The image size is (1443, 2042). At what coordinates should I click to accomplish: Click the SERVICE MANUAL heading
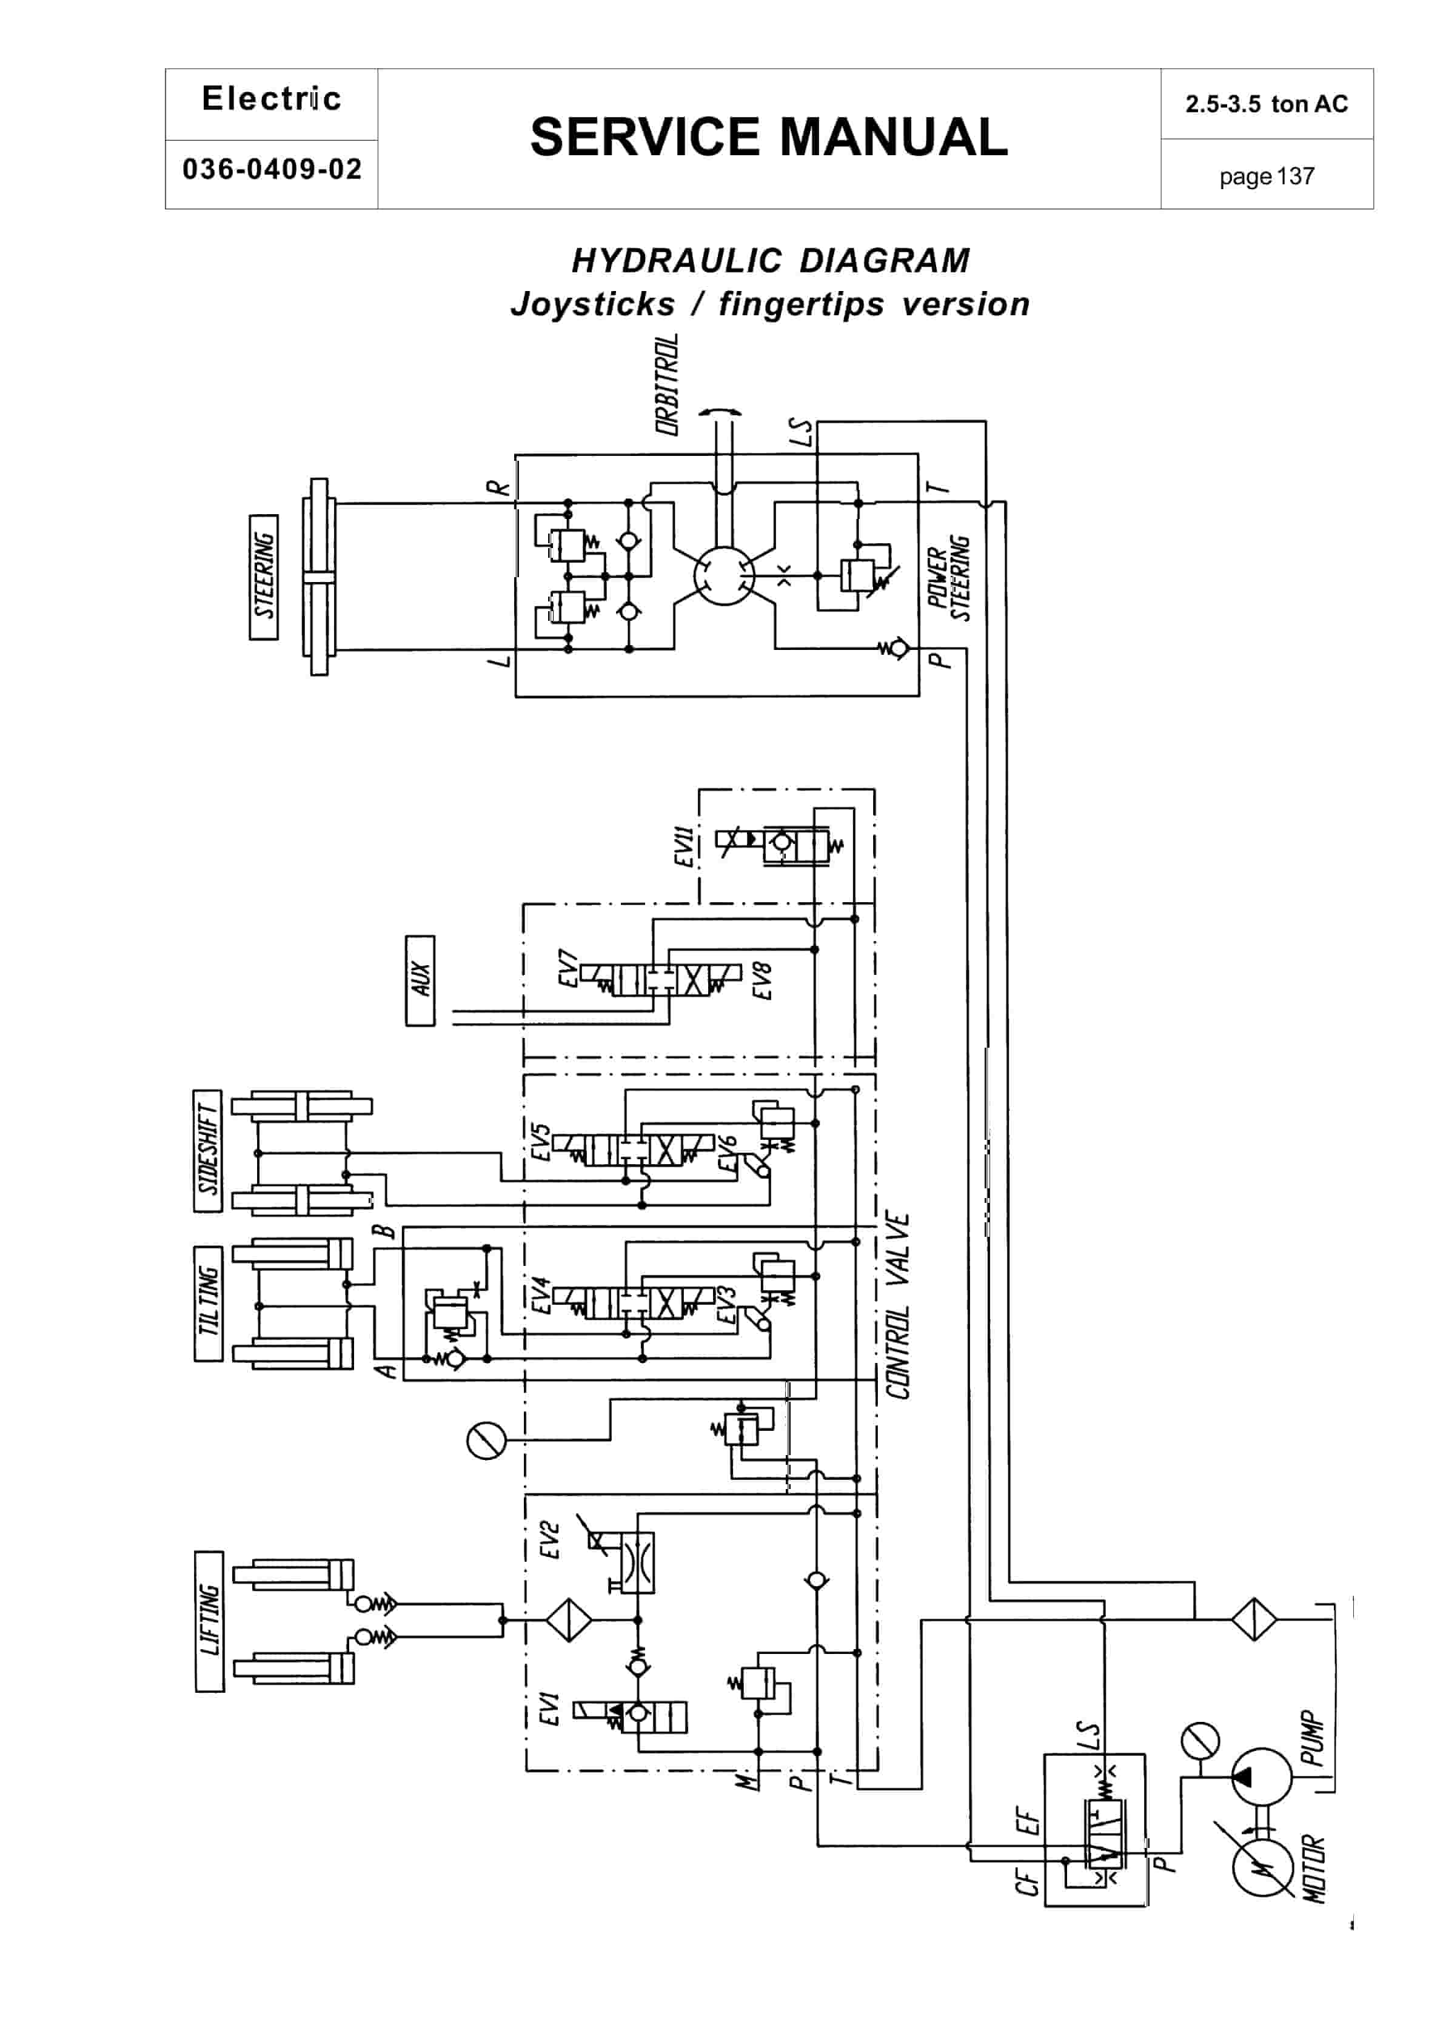pos(769,137)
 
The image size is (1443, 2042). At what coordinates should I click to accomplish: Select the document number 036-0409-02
pos(272,169)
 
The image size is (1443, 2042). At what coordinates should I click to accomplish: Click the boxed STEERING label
pos(263,577)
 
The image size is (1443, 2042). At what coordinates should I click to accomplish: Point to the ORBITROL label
pos(667,384)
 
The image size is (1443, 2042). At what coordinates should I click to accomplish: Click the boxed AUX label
pos(420,980)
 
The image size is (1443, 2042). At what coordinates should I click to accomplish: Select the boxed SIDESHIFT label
pos(207,1151)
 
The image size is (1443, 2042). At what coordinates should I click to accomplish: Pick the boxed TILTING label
pos(207,1303)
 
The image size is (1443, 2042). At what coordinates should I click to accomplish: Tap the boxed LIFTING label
pos(209,1621)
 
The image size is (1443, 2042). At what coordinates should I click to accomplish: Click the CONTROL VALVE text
pos(899,1305)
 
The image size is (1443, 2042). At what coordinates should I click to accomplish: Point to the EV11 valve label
pos(683,846)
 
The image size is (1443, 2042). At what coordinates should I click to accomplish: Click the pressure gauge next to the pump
pos(1200,1742)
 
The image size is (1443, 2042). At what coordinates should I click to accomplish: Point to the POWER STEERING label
pos(948,578)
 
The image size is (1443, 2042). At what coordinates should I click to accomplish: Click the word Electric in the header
pos(272,99)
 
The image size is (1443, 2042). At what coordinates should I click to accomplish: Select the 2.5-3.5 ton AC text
pos(1266,104)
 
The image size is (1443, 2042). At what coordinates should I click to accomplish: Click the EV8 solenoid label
pos(762,980)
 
